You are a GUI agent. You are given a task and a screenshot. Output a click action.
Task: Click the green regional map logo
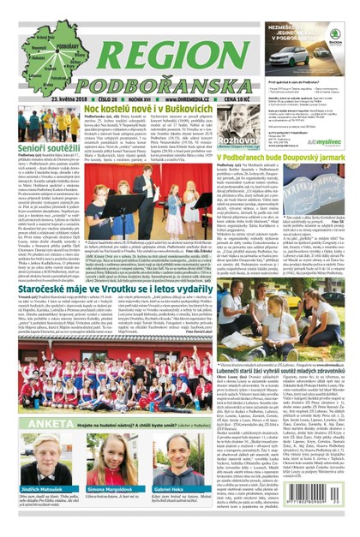(x=39, y=54)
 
